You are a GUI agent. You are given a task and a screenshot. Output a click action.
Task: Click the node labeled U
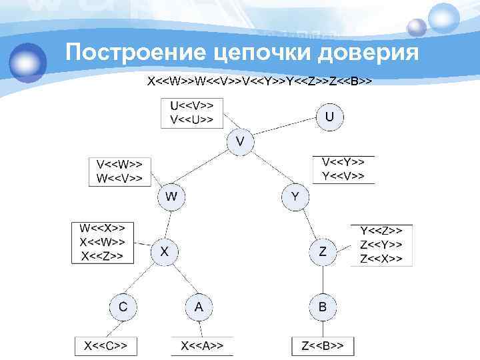coord(329,117)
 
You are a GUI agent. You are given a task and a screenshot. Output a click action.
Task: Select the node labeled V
coord(241,141)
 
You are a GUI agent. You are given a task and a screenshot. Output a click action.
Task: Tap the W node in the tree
coord(171,197)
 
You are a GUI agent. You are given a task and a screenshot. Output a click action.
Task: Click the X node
coord(164,251)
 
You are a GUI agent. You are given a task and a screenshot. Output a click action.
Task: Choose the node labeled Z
coord(323,251)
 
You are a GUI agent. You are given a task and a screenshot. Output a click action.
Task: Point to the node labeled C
coord(123,307)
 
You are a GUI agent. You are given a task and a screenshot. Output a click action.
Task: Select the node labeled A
coord(198,307)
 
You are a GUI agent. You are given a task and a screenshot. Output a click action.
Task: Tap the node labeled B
coord(323,307)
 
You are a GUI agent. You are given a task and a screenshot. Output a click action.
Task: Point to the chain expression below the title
coord(259,82)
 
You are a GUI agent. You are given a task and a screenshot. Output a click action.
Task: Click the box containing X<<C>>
coord(105,346)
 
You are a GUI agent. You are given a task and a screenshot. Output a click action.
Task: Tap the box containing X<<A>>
coord(202,346)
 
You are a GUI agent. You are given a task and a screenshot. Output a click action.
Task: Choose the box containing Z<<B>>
coord(323,346)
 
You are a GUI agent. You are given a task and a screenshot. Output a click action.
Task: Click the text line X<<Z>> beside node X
coord(101,256)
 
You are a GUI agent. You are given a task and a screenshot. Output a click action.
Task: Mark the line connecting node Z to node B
coord(323,279)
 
